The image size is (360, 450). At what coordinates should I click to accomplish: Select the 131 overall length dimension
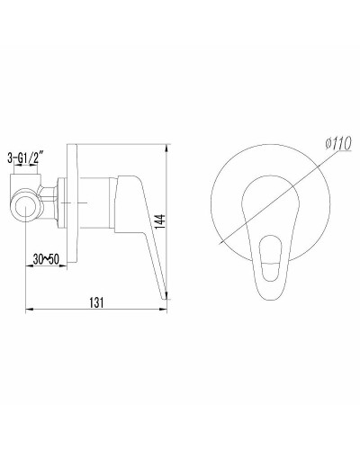click(97, 302)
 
